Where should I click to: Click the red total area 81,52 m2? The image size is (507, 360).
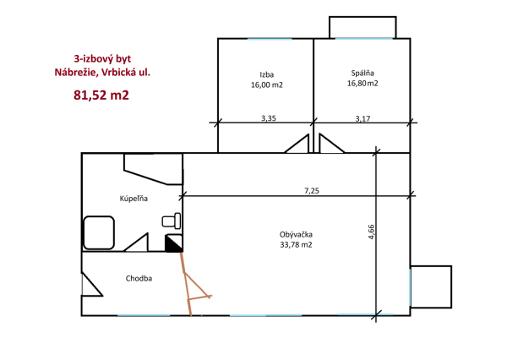(x=101, y=95)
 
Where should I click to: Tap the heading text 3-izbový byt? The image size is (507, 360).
(x=102, y=59)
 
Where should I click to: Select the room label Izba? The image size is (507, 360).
(x=267, y=74)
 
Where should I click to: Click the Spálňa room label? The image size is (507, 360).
(x=363, y=74)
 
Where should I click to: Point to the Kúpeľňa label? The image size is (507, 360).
(x=134, y=199)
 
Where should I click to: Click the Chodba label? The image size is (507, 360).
(x=139, y=278)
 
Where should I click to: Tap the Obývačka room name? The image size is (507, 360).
(x=296, y=234)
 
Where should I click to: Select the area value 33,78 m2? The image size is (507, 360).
(x=297, y=245)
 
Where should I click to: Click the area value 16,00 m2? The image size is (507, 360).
(x=267, y=85)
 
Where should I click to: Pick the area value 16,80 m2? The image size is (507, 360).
(x=363, y=84)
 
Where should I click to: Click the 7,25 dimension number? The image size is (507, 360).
(x=312, y=191)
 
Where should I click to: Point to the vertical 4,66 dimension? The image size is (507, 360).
(x=371, y=232)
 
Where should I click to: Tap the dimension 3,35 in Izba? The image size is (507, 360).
(x=269, y=118)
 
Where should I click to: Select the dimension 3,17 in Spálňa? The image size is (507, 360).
(x=363, y=118)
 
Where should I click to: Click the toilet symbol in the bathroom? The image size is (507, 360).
(x=172, y=221)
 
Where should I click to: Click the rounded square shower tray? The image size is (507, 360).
(x=99, y=233)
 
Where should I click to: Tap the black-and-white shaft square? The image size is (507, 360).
(x=173, y=243)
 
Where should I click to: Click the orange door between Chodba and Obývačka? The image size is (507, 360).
(x=195, y=284)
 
